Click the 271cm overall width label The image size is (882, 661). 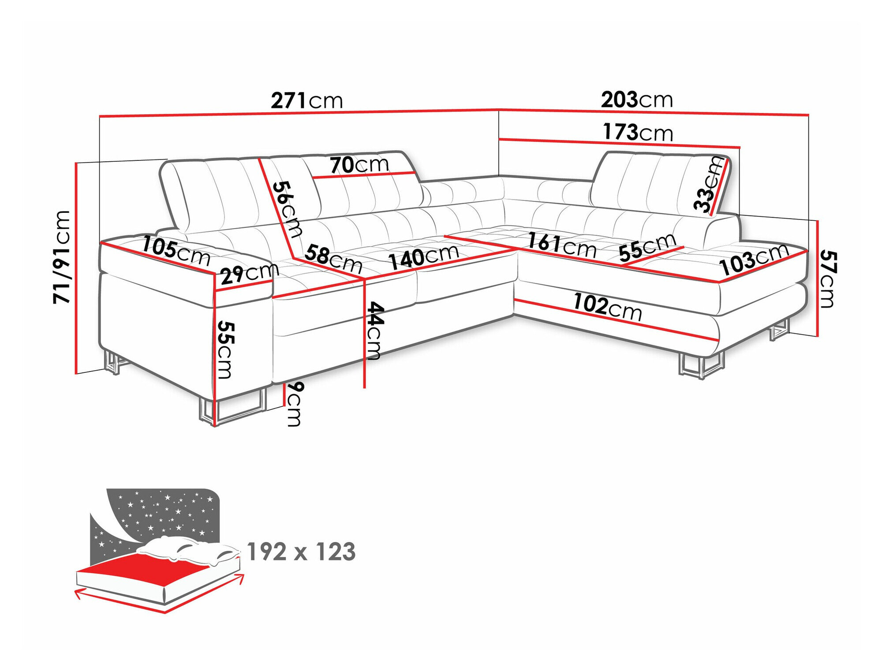[x=306, y=100]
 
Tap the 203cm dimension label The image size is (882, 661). [x=636, y=100]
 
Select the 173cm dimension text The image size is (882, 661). [x=638, y=132]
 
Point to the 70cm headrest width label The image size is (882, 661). [x=359, y=165]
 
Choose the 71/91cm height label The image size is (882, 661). [x=62, y=257]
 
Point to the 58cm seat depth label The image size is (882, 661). [x=333, y=259]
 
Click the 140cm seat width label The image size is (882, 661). [x=423, y=257]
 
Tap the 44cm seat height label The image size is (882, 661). [x=374, y=330]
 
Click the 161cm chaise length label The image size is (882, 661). [x=562, y=245]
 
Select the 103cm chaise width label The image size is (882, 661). [x=753, y=259]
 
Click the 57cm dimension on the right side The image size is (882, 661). [x=827, y=279]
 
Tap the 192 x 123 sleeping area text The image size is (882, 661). [x=301, y=552]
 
